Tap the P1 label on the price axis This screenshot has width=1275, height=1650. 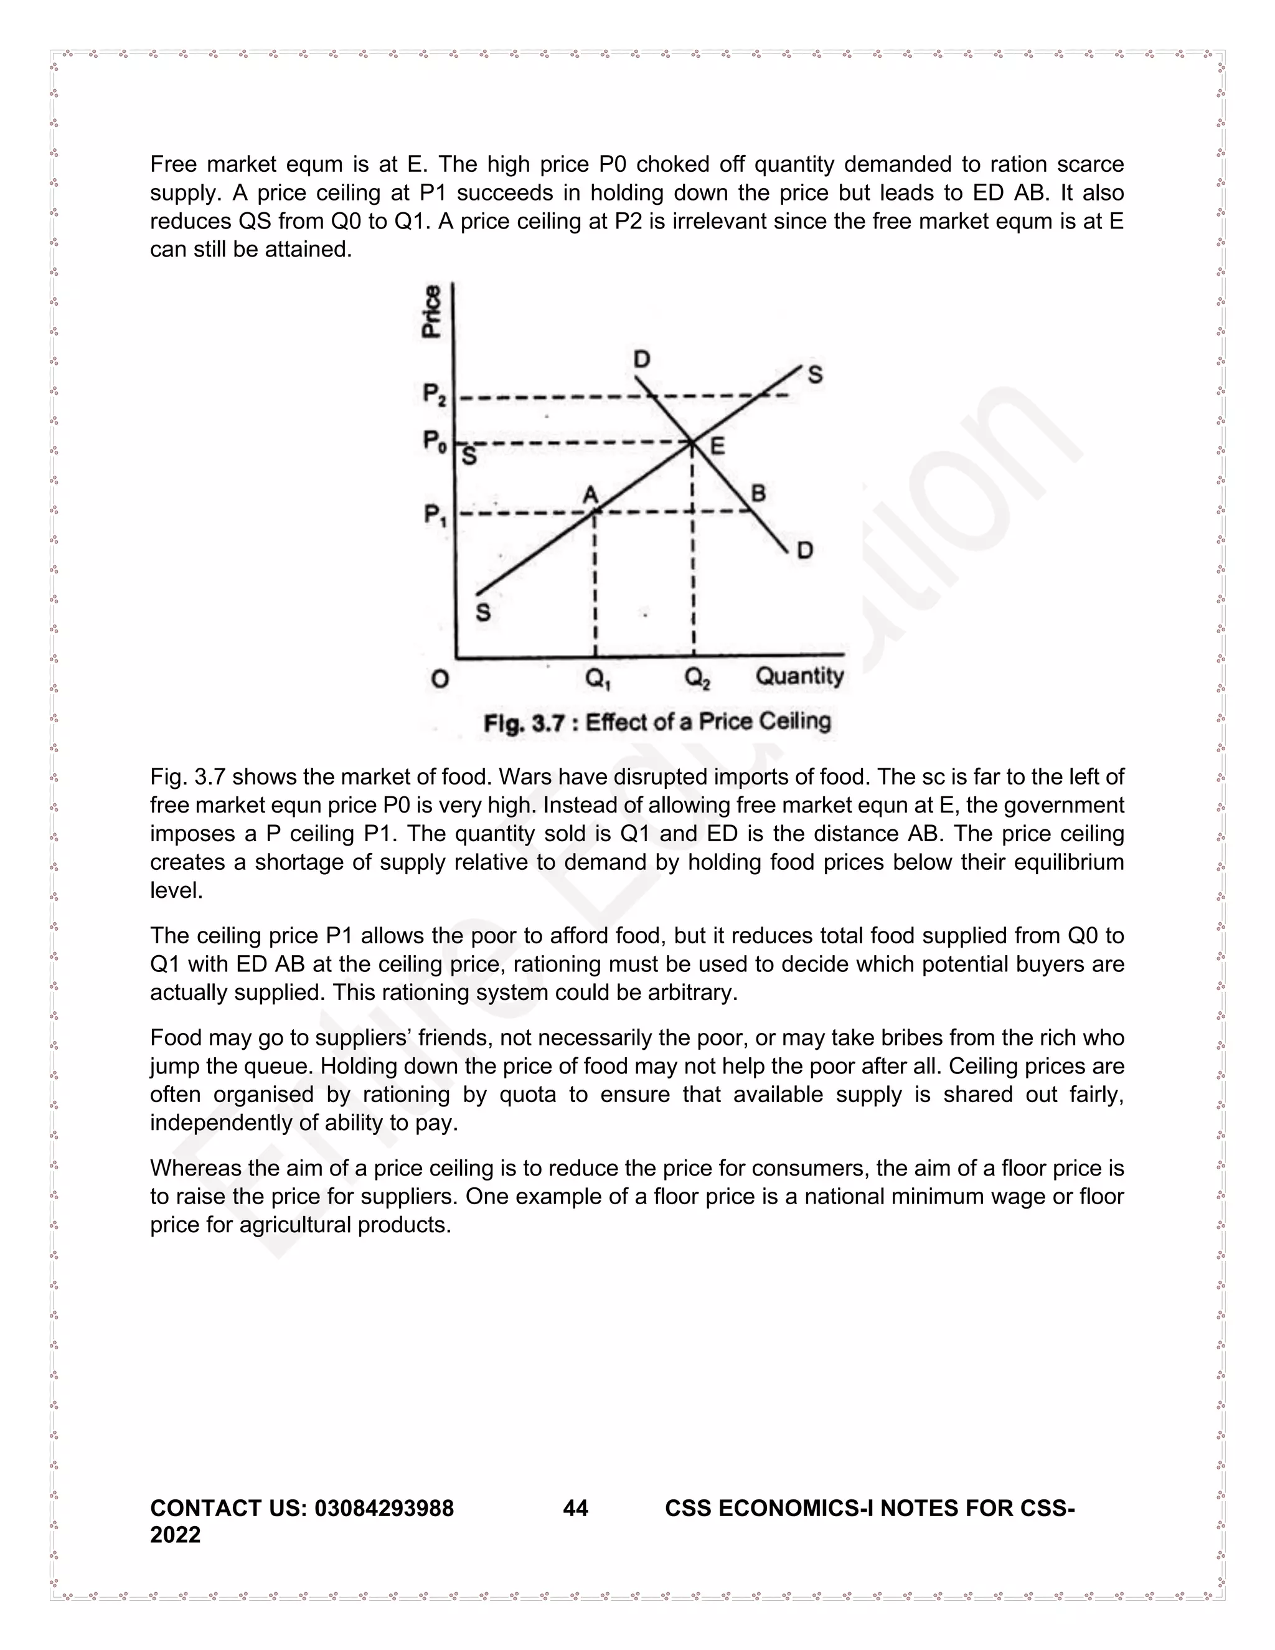click(435, 516)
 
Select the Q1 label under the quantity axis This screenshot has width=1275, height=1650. click(598, 679)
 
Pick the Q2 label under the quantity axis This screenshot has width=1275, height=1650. click(697, 679)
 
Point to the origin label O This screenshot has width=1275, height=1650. click(440, 679)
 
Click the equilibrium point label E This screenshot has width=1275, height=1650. click(717, 446)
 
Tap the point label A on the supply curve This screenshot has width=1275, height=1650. click(591, 494)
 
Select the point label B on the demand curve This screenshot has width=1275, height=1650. click(758, 493)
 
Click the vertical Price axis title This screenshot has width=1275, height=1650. click(431, 311)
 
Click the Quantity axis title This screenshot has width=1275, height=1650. click(799, 676)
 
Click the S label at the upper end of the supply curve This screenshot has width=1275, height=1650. click(815, 375)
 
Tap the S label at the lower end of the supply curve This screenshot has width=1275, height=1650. click(483, 612)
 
